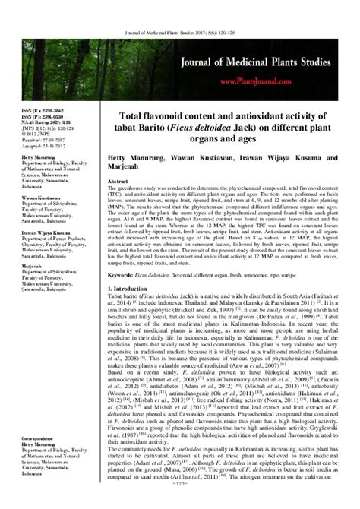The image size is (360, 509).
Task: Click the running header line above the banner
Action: (180, 9)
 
